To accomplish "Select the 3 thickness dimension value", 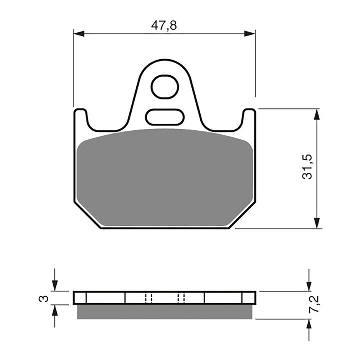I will (x=44, y=299).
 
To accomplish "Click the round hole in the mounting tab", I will (x=165, y=87).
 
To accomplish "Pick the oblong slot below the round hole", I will (x=165, y=117).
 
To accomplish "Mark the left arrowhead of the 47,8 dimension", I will (x=79, y=34).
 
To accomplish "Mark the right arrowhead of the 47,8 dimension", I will (x=250, y=34).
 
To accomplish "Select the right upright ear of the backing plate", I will (x=249, y=120).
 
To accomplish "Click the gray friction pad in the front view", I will (x=165, y=175).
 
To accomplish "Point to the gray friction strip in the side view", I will (x=165, y=312).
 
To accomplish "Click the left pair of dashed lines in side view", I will (x=147, y=298).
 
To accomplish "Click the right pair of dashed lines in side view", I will (x=181, y=298).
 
